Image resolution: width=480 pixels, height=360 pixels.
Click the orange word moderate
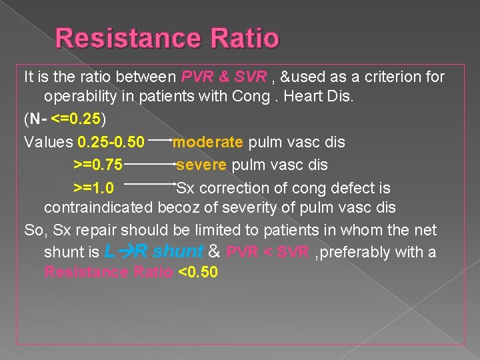pyautogui.click(x=208, y=143)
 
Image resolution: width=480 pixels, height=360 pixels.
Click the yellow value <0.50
pyautogui.click(x=199, y=273)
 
